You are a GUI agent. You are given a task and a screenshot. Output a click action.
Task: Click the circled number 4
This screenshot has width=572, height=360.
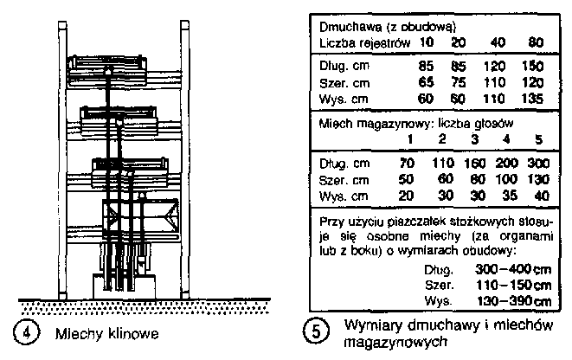[30, 332]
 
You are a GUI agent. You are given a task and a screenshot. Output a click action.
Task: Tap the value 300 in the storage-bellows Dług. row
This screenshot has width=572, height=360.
[537, 162]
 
